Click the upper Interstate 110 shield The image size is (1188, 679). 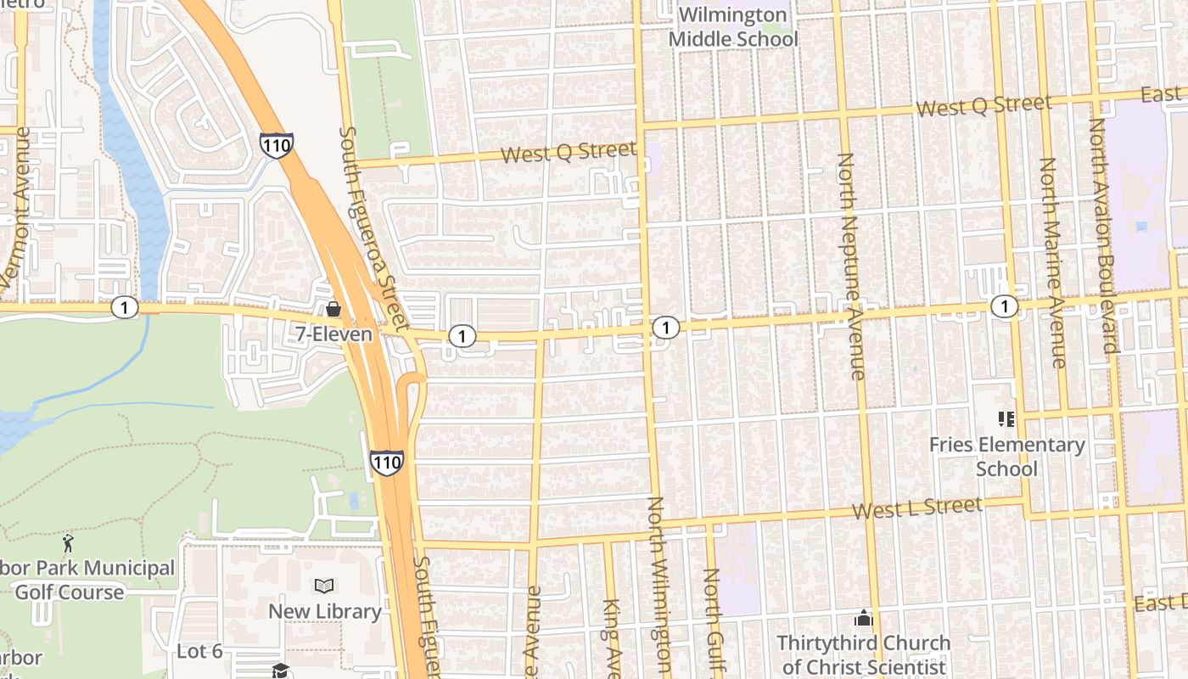277,144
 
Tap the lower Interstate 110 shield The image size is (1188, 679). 386,463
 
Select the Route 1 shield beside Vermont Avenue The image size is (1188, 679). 125,307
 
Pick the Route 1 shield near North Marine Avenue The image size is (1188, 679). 1005,306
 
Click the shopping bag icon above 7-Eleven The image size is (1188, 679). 333,309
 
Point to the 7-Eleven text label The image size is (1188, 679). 333,334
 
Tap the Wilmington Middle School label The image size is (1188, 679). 733,27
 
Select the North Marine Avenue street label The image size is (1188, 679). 1052,263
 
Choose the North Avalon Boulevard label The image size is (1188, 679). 1103,235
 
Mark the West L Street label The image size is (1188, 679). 917,509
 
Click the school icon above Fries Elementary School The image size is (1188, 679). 1006,418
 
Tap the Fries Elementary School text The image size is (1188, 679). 1006,457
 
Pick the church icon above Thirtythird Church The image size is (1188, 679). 864,618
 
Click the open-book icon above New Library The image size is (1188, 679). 324,586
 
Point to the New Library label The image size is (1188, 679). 324,611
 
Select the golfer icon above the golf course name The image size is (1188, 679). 68,542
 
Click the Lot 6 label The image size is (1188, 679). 199,652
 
